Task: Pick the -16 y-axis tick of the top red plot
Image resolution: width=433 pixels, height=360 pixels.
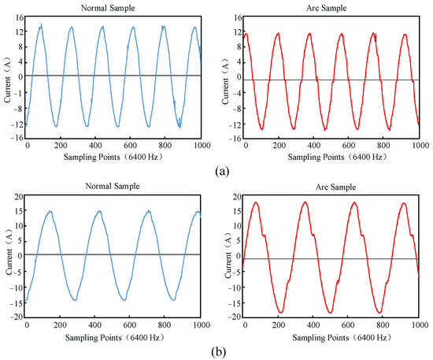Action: pyautogui.click(x=234, y=139)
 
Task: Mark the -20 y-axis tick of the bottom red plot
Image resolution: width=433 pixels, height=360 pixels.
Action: pyautogui.click(x=232, y=316)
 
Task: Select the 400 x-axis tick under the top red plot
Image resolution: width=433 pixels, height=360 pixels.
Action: pyautogui.click(x=313, y=147)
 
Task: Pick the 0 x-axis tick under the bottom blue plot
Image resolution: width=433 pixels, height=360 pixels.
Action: pyautogui.click(x=28, y=325)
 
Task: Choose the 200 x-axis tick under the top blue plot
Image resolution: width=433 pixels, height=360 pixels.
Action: pyautogui.click(x=62, y=147)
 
